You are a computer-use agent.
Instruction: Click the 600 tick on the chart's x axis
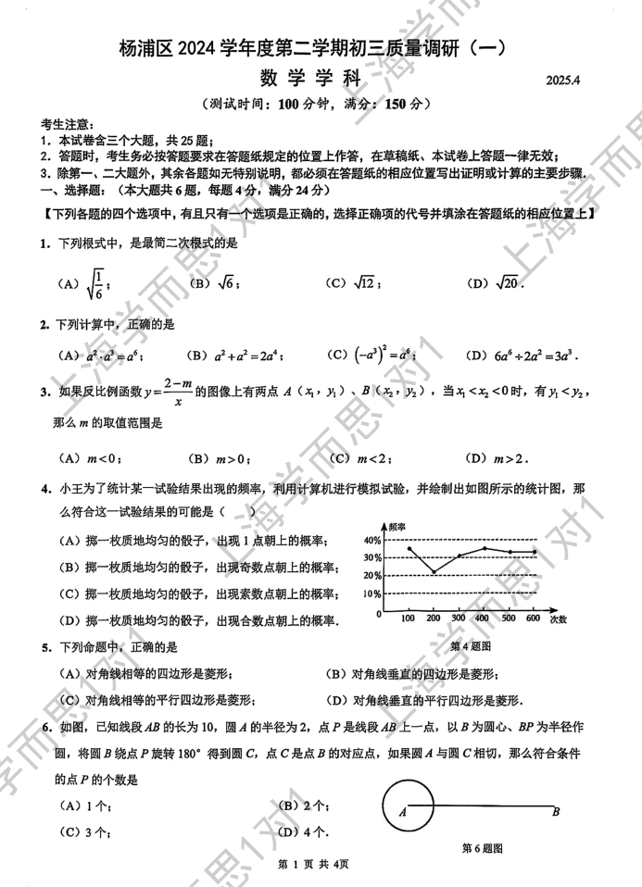tap(533, 618)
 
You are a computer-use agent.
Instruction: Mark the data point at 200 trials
tap(434, 572)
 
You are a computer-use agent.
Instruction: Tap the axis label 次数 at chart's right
tap(558, 618)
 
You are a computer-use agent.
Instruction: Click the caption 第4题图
tap(470, 645)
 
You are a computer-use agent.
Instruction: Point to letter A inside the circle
tap(404, 811)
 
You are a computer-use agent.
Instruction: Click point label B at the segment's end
tap(555, 812)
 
